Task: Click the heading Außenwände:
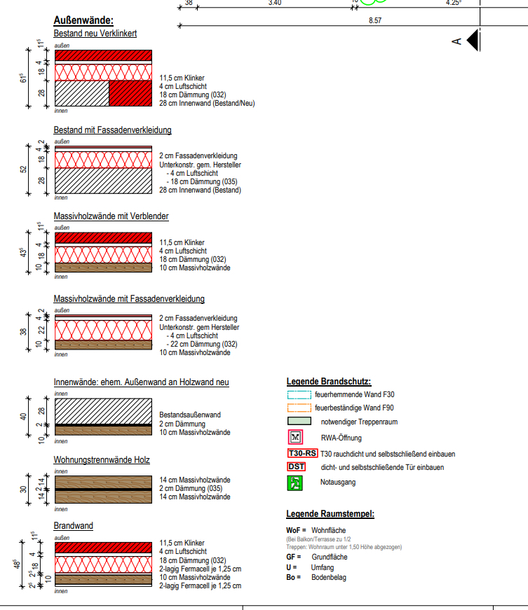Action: pos(83,20)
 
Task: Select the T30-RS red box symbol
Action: pos(302,454)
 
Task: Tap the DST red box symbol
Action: pos(297,467)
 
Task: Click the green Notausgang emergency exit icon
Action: pos(295,483)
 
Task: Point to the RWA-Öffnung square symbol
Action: pos(295,437)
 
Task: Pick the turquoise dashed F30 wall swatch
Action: pos(299,395)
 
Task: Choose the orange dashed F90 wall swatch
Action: pos(299,408)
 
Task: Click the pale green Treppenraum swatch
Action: pos(299,421)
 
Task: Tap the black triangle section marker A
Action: pos(473,40)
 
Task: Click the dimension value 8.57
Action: pos(375,20)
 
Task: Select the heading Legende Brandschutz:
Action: pos(329,381)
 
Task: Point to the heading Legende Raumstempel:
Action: pos(330,513)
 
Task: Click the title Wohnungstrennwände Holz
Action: pos(102,460)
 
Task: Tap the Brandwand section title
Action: pos(73,525)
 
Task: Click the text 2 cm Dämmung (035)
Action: pos(191,488)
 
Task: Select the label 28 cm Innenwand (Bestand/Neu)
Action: pos(207,103)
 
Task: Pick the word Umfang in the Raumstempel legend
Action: pos(323,567)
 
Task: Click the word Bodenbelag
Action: pos(329,577)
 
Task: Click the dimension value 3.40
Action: pos(274,3)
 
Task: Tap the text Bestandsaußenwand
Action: pos(190,415)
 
